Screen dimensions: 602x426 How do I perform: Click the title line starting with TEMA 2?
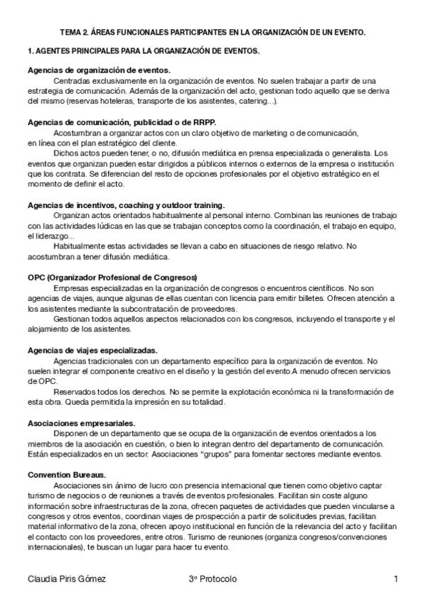click(213, 33)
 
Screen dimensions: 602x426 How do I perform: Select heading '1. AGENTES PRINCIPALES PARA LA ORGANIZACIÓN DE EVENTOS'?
click(143, 52)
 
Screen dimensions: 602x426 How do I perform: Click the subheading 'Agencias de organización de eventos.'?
click(99, 70)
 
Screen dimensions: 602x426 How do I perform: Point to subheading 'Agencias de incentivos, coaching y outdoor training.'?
click(127, 204)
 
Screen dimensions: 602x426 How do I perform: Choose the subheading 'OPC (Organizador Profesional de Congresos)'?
click(112, 278)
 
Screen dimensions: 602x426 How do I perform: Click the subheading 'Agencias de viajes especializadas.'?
click(92, 351)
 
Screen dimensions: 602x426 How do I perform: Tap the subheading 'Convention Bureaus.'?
click(67, 474)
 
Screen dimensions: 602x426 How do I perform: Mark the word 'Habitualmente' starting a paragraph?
click(80, 246)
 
